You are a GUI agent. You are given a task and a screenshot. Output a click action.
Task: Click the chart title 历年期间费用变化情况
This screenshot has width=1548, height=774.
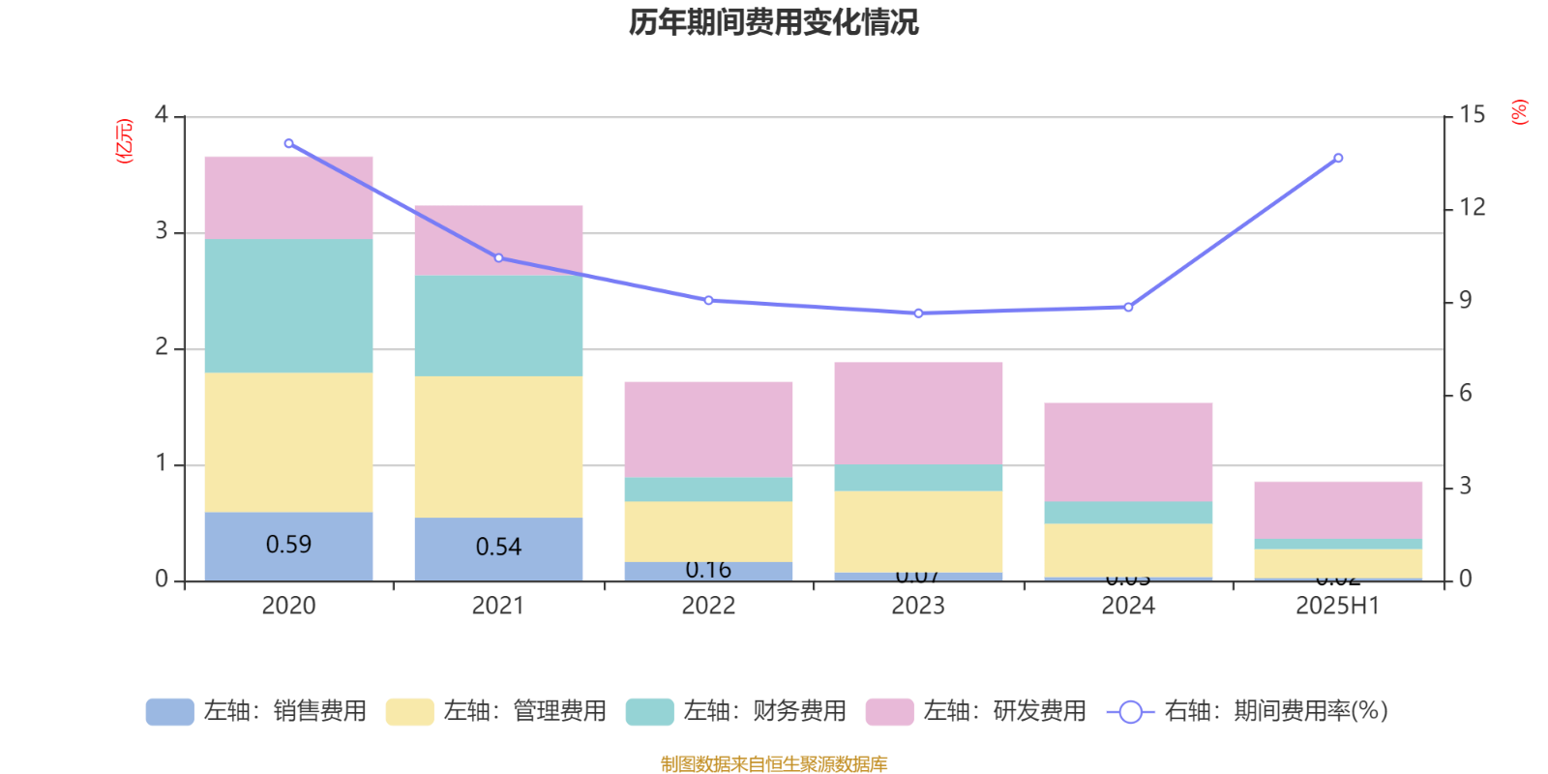[x=773, y=21]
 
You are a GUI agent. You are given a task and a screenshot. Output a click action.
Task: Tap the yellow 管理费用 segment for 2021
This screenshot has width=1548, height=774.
[x=498, y=446]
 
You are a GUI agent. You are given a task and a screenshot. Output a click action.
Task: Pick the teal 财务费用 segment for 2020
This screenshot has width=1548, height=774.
[x=288, y=306]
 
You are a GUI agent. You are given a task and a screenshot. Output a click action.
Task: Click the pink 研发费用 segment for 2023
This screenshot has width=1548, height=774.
[x=918, y=413]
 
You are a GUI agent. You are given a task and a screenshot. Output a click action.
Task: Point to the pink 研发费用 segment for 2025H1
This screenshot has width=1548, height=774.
[x=1338, y=510]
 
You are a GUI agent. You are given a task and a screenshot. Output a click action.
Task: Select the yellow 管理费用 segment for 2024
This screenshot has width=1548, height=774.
[x=1128, y=550]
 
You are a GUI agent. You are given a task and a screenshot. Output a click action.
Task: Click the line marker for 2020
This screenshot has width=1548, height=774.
[x=288, y=143]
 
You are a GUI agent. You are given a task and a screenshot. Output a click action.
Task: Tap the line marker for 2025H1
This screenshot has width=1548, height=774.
[x=1338, y=158]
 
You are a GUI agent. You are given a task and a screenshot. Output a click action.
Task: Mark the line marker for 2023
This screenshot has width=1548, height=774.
[x=918, y=313]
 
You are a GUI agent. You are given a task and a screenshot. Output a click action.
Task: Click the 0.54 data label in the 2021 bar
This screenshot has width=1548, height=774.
[x=498, y=547]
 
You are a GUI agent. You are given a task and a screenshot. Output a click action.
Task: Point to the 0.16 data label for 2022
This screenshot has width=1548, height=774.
[x=708, y=570]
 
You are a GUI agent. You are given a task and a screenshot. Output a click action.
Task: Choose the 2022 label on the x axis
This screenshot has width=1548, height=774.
[x=708, y=606]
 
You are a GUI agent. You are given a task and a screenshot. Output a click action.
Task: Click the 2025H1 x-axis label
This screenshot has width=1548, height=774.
[x=1338, y=606]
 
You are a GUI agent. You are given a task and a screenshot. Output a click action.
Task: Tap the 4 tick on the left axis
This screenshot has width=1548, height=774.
[x=162, y=116]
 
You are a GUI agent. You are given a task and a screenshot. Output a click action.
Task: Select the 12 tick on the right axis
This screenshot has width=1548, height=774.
[x=1473, y=207]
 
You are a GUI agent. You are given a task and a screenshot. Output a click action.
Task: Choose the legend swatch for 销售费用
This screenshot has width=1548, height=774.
[x=169, y=712]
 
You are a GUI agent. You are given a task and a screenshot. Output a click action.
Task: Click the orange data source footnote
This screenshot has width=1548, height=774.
[x=773, y=764]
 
